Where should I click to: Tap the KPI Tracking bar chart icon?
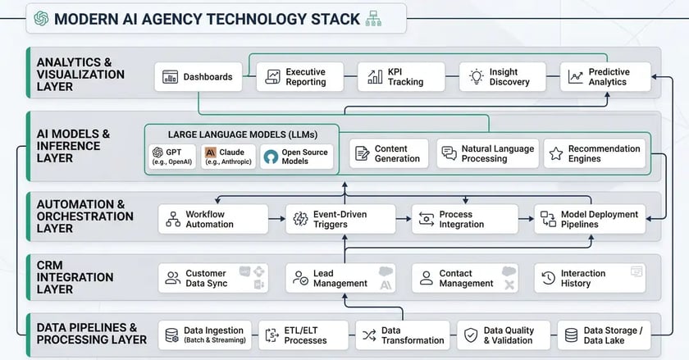(x=375, y=77)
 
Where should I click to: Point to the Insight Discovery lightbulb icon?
(x=475, y=77)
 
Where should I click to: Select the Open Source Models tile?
(x=297, y=157)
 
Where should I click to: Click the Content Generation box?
(x=389, y=153)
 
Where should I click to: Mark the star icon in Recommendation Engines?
(x=555, y=153)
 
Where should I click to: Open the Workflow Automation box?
(x=212, y=219)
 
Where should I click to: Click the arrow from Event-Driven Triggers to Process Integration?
(x=403, y=219)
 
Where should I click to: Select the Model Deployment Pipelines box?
(x=589, y=219)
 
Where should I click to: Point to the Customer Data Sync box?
(x=212, y=278)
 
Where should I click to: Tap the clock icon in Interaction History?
(x=549, y=278)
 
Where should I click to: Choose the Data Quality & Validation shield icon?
(x=471, y=335)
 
